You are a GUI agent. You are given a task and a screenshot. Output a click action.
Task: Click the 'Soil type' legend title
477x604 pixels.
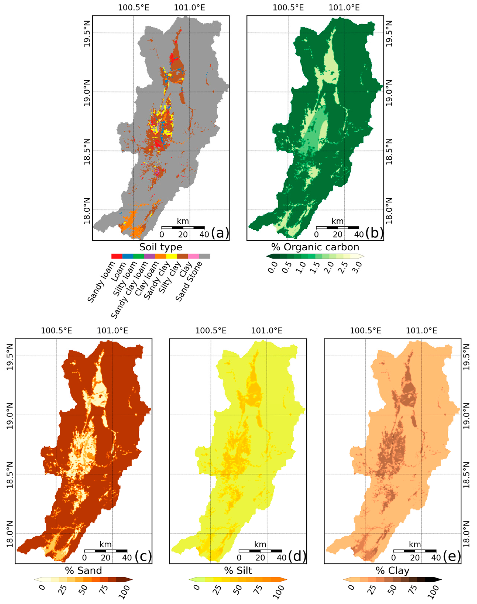[161, 247]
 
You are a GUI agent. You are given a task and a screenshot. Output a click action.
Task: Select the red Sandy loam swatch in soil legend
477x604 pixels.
[117, 256]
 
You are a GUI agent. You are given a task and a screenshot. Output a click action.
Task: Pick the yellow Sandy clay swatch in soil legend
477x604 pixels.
[171, 256]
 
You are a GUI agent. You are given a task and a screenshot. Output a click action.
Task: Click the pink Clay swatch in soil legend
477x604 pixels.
[193, 256]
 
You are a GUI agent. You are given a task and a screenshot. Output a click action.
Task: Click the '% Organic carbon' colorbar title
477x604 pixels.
[315, 247]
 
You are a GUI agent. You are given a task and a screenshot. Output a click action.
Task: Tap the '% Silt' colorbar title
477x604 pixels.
[238, 571]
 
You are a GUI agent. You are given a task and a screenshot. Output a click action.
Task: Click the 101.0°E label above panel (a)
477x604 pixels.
[189, 8]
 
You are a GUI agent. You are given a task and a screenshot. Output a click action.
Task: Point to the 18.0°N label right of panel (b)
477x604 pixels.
[389, 211]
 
